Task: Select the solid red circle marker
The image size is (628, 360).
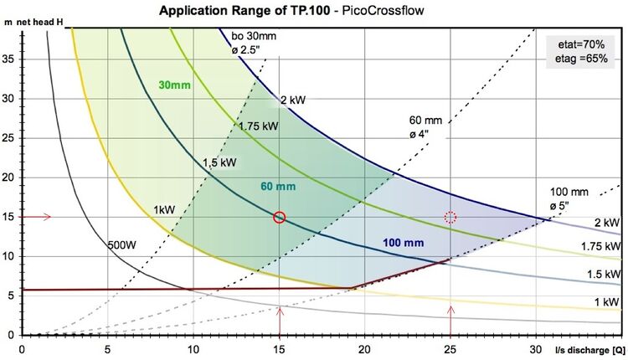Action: click(x=280, y=218)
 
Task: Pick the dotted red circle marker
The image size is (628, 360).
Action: click(x=450, y=218)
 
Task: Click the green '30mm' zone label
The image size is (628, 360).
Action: click(x=174, y=85)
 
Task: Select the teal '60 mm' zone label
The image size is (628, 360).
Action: click(x=278, y=184)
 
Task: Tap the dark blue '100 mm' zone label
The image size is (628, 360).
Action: click(x=403, y=243)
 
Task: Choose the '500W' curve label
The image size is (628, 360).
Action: click(x=122, y=245)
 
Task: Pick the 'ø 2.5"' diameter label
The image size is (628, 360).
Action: click(x=246, y=50)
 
